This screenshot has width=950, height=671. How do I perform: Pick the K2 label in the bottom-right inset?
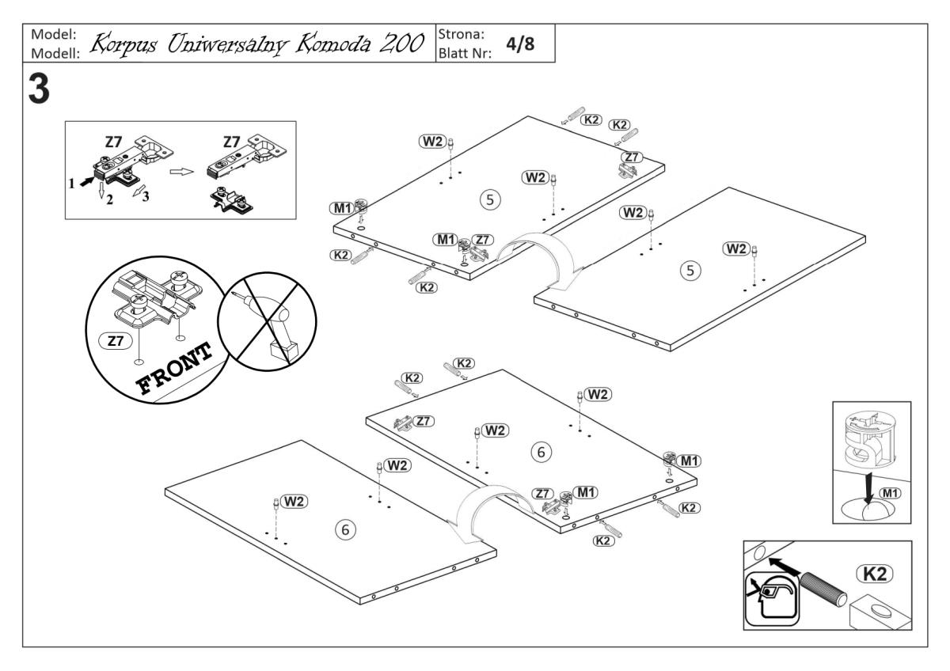(x=874, y=571)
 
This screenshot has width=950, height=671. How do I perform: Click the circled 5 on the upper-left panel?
(x=492, y=200)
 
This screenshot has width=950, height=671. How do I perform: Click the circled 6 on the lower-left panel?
(x=344, y=529)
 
